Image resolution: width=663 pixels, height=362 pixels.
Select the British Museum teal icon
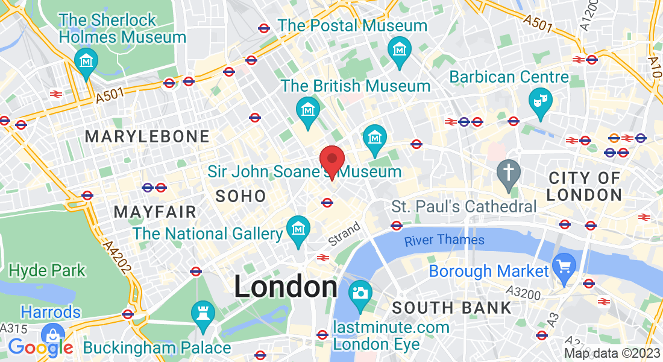click(308, 111)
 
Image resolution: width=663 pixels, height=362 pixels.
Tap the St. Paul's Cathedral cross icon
click(508, 173)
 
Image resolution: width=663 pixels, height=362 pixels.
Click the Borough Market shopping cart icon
click(565, 265)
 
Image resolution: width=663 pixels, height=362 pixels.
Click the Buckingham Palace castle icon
click(203, 314)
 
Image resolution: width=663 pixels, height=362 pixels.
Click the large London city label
click(285, 287)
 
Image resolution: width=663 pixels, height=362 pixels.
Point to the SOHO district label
click(240, 196)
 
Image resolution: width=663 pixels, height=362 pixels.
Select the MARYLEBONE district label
click(147, 136)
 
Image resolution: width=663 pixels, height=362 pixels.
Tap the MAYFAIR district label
click(155, 212)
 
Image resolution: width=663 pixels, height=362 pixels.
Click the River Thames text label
click(444, 240)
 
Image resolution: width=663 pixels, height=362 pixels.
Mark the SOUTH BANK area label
click(451, 308)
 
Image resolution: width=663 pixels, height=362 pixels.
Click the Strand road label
click(344, 234)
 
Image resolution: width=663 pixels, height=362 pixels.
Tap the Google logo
click(40, 348)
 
